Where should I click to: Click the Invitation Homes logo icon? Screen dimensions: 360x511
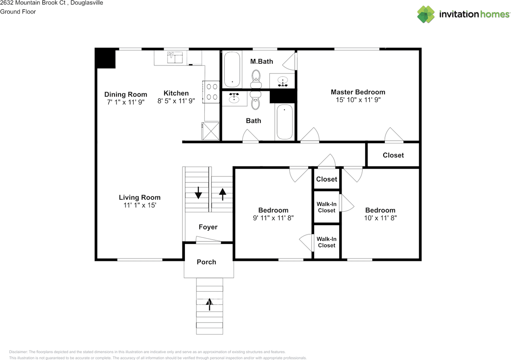(x=426, y=14)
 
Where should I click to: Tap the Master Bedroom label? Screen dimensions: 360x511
(x=358, y=92)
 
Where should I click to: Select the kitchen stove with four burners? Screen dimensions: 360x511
(x=211, y=91)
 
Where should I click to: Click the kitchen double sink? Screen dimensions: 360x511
(x=175, y=57)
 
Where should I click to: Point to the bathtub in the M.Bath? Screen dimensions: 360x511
(x=232, y=69)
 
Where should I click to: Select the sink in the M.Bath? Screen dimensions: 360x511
(x=283, y=81)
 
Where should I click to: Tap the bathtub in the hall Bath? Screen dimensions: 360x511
(x=285, y=122)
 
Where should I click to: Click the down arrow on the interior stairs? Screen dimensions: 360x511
(x=198, y=194)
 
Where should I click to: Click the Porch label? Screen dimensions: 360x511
(x=206, y=262)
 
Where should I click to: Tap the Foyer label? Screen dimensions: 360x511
(x=208, y=227)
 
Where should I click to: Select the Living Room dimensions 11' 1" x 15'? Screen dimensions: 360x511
(x=140, y=205)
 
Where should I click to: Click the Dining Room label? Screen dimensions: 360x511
(x=126, y=95)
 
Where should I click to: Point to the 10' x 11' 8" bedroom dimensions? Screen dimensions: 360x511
(x=380, y=218)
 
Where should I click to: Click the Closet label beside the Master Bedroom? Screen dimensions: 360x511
(x=393, y=155)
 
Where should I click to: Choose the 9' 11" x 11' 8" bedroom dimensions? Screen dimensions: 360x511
(x=273, y=218)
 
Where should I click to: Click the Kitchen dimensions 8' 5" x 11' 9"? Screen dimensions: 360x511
(x=176, y=101)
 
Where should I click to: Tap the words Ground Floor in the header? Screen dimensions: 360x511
(x=18, y=12)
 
